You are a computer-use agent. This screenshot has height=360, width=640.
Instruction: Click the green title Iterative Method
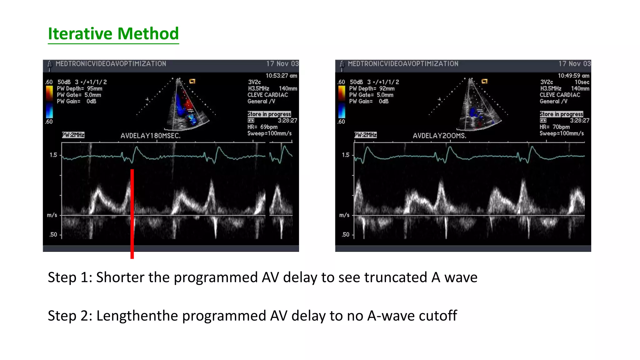[x=113, y=34]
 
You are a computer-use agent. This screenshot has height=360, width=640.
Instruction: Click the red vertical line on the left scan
[x=132, y=214]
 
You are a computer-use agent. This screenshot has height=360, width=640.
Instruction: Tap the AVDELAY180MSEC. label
[x=150, y=136]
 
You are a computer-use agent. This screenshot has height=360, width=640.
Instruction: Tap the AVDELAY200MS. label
[x=439, y=136]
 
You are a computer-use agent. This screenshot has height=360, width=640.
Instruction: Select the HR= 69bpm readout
[x=262, y=127]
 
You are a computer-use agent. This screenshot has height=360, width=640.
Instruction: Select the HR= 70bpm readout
[x=554, y=127]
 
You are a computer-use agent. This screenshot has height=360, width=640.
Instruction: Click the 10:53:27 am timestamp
[x=281, y=76]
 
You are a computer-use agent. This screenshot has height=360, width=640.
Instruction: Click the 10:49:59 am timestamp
[x=573, y=76]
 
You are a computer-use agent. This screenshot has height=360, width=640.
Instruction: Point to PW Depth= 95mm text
[x=79, y=89]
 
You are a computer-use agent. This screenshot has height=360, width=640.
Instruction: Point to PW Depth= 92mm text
[x=372, y=89]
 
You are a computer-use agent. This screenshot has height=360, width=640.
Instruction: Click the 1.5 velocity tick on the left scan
[x=53, y=155]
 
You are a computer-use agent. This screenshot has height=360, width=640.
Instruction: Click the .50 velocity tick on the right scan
[x=345, y=235]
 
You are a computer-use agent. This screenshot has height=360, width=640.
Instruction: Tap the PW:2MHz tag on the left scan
[x=73, y=135]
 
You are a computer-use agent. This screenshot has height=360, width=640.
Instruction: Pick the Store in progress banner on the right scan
[x=561, y=114]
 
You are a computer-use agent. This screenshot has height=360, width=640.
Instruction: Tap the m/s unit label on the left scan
[x=52, y=215]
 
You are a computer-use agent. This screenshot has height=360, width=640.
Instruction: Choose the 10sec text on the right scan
[x=582, y=82]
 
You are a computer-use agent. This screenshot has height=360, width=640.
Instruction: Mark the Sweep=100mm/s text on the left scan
[x=269, y=133]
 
